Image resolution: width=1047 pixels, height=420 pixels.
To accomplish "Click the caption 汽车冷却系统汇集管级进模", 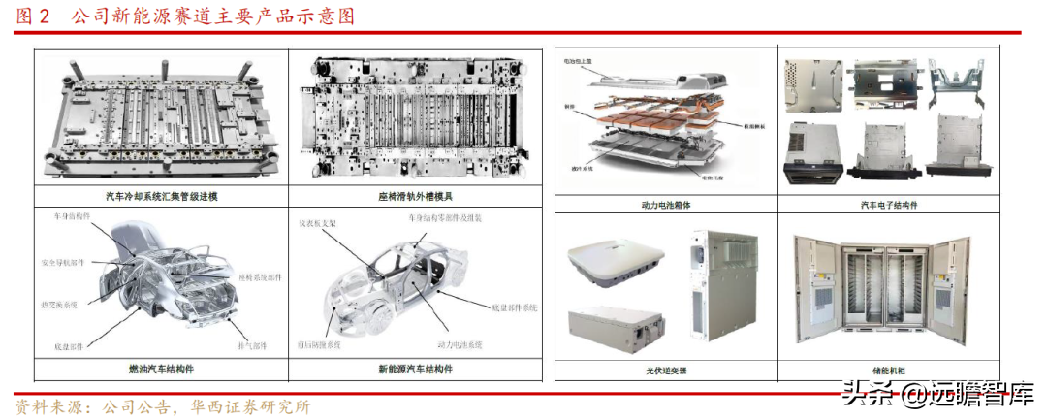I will [161, 196].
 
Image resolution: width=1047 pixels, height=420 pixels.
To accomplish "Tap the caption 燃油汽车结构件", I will [161, 369].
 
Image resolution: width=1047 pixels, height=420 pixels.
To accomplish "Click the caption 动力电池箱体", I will [665, 204].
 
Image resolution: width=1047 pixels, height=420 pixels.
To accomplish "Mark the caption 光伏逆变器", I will [665, 371].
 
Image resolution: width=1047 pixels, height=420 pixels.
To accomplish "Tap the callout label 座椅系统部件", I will [259, 276].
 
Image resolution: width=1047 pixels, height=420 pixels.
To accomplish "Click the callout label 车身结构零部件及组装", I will [430, 218].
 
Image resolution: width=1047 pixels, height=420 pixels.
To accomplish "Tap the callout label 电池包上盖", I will [580, 60].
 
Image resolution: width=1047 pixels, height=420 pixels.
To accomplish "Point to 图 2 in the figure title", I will [37, 16].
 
